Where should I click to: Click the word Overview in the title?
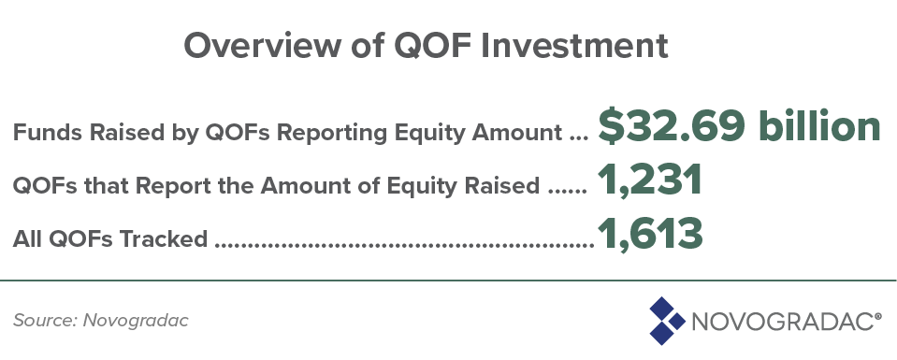point(261,45)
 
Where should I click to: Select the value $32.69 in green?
point(672,127)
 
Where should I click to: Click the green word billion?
point(819,126)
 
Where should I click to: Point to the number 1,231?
point(650,180)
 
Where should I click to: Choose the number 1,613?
point(650,234)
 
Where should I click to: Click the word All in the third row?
point(27,238)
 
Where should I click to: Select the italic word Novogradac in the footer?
point(136,321)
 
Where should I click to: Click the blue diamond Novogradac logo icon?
point(667,321)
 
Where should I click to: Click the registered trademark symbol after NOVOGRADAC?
point(878,315)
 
